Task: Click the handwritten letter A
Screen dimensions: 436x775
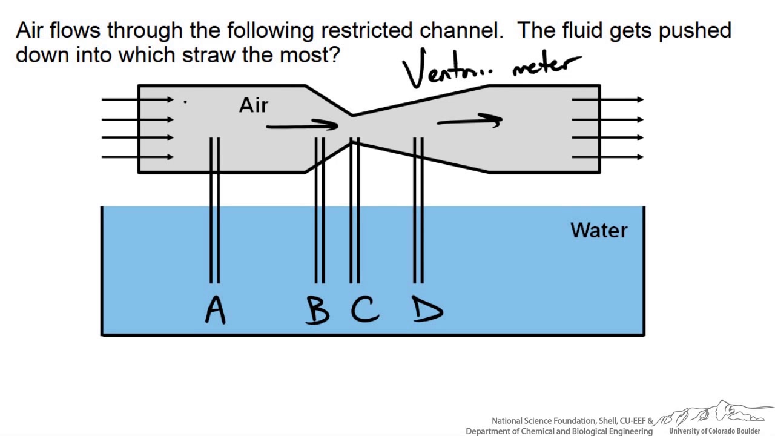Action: click(x=215, y=310)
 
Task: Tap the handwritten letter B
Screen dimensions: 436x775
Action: click(x=317, y=310)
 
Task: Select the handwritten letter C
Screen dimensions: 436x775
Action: click(x=364, y=309)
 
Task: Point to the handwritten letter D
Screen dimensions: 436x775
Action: click(x=427, y=310)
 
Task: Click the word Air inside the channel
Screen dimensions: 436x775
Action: click(x=254, y=106)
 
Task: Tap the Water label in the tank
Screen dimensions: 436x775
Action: click(x=599, y=231)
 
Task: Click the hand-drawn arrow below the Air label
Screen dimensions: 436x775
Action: click(x=302, y=125)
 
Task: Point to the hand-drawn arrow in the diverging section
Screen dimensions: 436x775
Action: click(x=470, y=121)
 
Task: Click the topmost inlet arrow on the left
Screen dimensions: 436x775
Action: click(x=137, y=99)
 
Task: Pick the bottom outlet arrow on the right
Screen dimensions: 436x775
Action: click(x=607, y=157)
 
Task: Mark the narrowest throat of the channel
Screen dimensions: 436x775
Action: click(x=353, y=127)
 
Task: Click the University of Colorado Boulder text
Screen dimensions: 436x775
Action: click(x=714, y=431)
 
